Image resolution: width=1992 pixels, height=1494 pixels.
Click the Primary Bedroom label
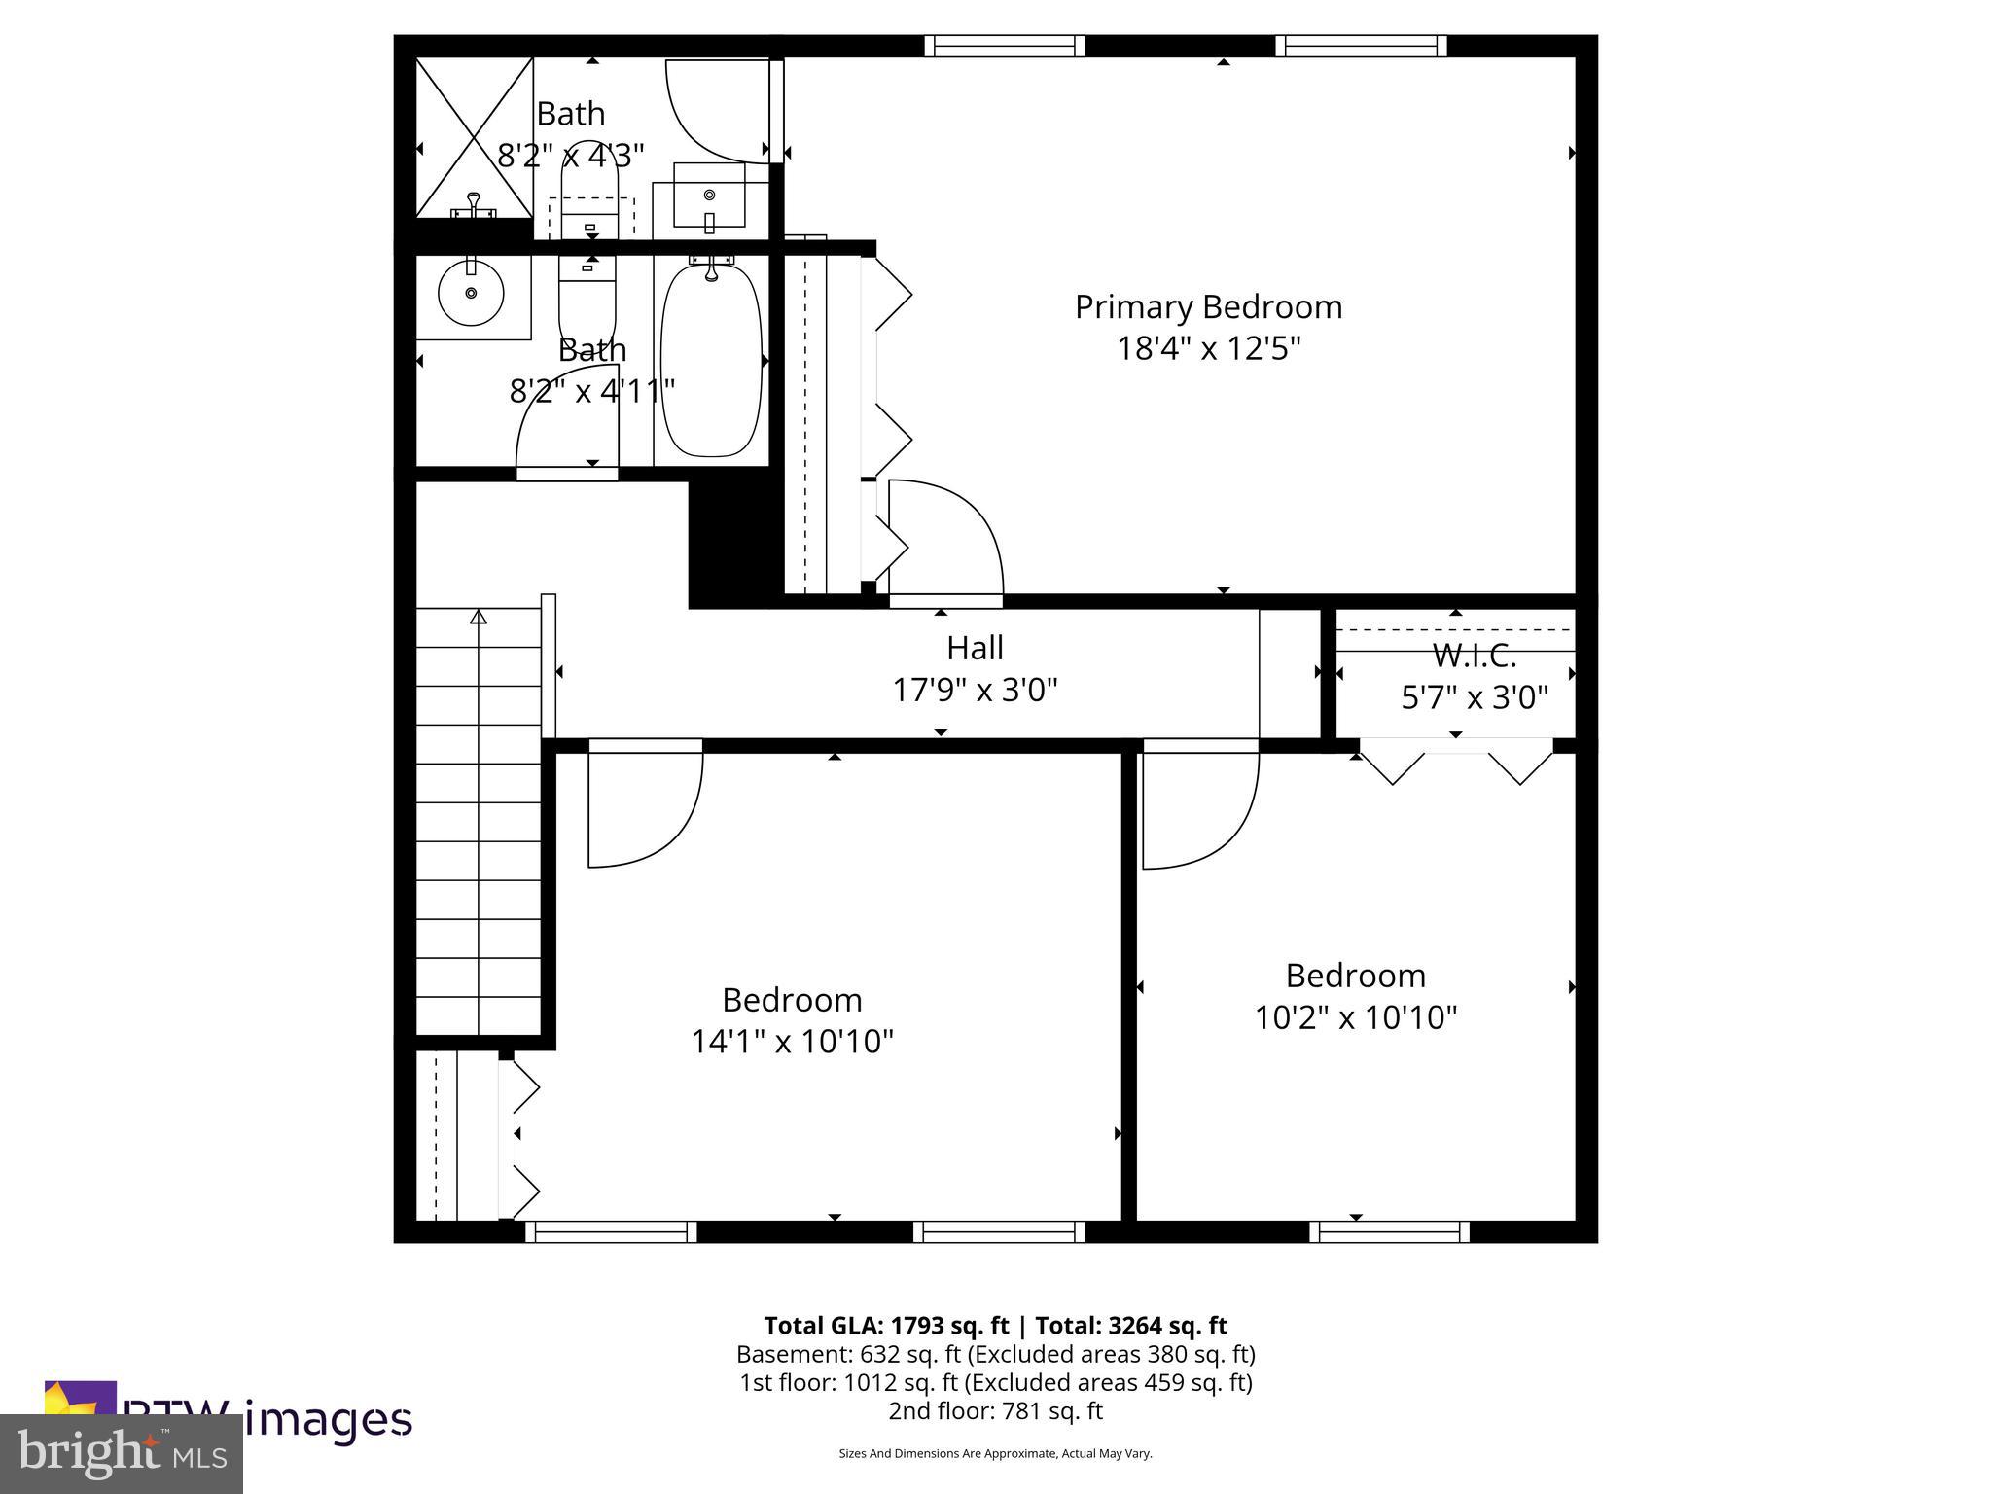coord(1208,307)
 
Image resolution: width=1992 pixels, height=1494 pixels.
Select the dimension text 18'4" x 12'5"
coord(1208,348)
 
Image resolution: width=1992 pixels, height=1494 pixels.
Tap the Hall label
coord(975,648)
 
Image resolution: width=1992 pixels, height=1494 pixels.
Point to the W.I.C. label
coord(1474,657)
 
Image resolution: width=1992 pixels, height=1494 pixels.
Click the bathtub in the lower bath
coord(711,359)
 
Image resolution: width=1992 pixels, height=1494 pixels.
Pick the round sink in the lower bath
coord(471,293)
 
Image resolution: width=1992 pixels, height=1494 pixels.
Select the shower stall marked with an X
coord(475,136)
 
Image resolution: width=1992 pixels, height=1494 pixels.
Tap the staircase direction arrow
coord(478,617)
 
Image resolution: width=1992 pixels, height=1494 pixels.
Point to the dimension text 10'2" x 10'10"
coord(1355,1017)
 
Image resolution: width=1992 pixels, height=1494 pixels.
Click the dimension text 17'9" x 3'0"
coord(975,690)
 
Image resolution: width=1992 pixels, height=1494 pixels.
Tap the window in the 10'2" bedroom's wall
coord(1389,1231)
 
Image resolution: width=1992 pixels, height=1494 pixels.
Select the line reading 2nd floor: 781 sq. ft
coord(995,1410)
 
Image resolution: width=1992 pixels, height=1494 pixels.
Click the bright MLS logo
coord(121,1453)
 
